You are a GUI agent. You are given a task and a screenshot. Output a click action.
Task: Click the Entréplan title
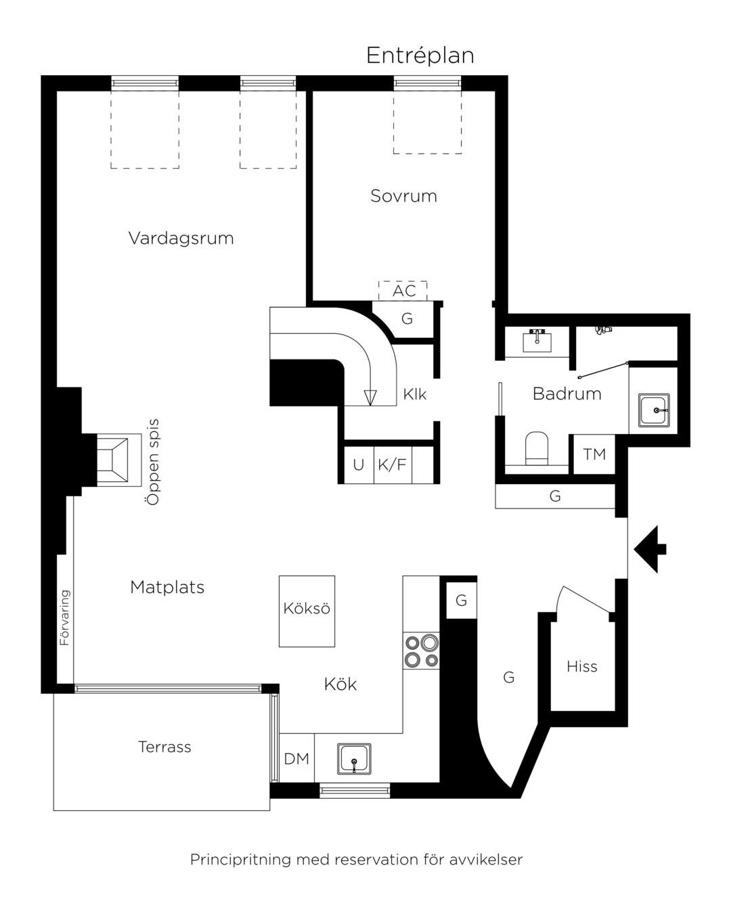420,56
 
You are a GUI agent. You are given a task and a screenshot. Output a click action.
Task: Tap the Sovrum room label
403,196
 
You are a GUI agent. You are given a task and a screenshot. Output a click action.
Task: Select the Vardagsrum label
181,238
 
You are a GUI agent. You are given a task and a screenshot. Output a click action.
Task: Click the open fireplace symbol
119,460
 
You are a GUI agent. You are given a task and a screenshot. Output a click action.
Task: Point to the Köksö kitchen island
307,611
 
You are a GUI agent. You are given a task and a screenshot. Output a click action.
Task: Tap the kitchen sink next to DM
354,758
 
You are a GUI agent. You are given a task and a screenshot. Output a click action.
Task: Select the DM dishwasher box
296,758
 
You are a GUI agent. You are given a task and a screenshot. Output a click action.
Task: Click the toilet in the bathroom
537,450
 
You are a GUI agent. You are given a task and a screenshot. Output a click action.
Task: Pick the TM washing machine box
594,454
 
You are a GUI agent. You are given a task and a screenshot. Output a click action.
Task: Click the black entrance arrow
650,549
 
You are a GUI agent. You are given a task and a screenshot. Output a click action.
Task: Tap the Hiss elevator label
582,666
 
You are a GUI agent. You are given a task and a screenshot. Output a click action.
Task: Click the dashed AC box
403,291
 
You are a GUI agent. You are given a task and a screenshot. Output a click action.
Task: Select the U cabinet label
358,464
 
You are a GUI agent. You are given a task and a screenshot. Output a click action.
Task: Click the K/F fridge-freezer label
392,464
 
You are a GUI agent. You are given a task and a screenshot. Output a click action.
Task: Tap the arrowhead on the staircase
370,397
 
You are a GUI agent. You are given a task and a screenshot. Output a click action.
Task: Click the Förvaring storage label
64,617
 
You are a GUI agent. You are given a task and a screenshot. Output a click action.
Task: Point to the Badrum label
567,394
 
